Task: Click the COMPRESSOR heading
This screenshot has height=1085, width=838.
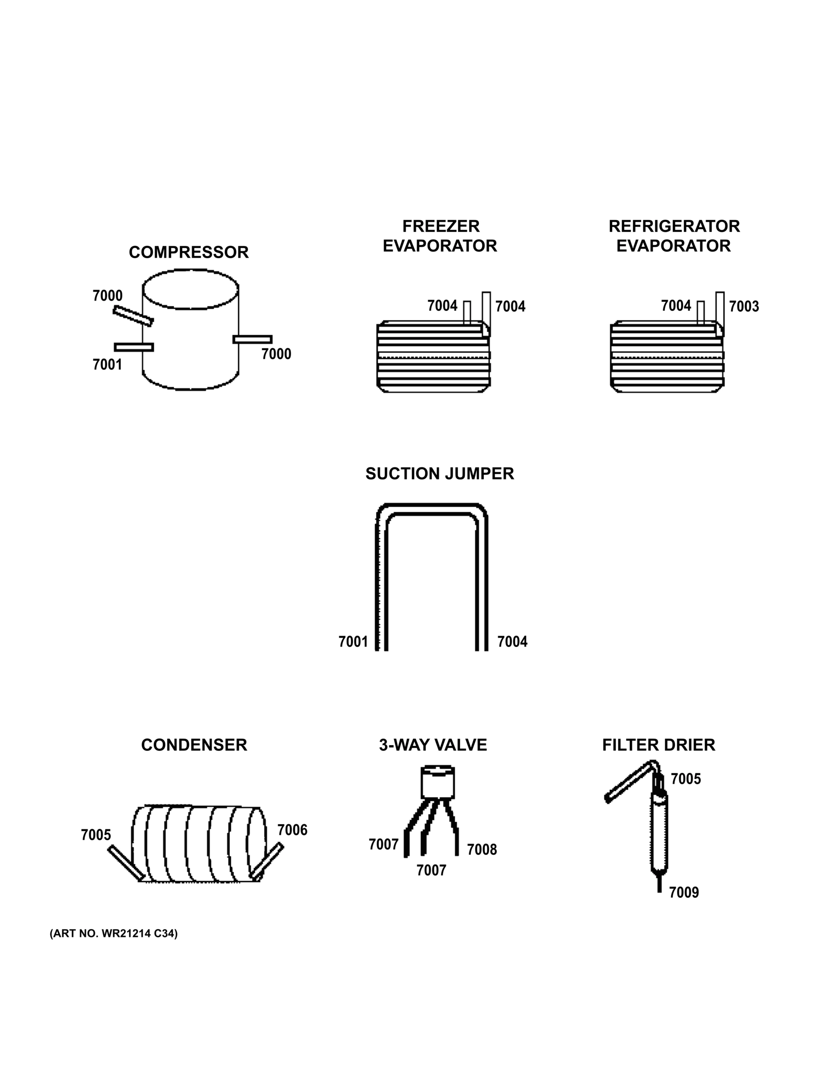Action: tap(189, 252)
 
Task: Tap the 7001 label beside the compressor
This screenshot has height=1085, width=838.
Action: tap(107, 365)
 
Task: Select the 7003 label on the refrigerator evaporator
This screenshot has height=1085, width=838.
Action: tap(744, 307)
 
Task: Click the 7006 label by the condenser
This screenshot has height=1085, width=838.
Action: tap(292, 830)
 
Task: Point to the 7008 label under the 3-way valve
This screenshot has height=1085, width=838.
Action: tap(482, 849)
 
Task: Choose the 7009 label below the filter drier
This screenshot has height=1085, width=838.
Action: tap(684, 893)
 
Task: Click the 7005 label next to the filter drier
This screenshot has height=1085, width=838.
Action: tap(686, 779)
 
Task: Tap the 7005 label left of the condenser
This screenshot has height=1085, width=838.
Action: tap(96, 835)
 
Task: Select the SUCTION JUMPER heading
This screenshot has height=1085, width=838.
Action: tap(440, 474)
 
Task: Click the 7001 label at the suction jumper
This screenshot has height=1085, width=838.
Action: tap(353, 642)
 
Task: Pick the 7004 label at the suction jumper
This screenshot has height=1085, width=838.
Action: tap(512, 642)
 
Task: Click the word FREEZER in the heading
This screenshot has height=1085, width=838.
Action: tap(440, 226)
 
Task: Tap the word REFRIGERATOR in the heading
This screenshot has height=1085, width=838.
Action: tap(674, 226)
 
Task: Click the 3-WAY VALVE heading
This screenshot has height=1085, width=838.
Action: tap(433, 745)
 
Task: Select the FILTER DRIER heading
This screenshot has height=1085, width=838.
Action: tap(658, 745)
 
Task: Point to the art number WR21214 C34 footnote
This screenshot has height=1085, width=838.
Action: tap(114, 934)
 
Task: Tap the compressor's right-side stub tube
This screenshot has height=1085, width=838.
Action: tap(252, 340)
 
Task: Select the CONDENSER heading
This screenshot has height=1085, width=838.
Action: tap(194, 745)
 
